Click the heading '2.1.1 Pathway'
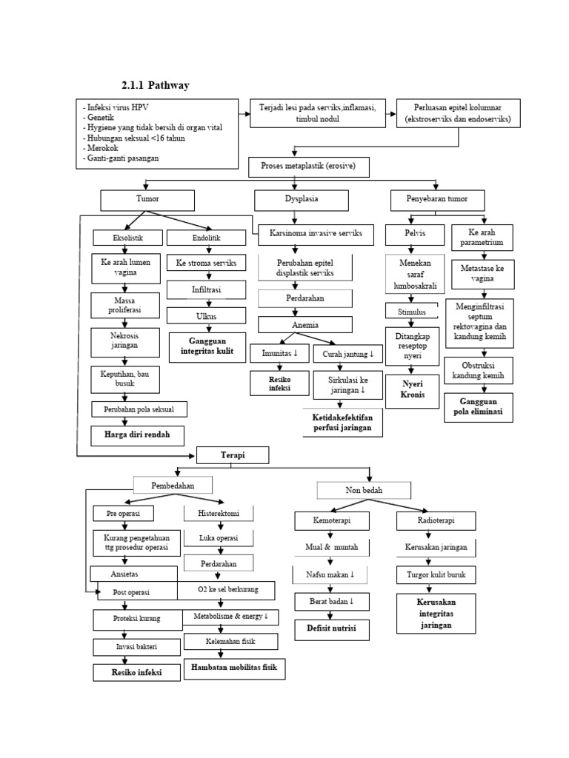pyautogui.click(x=155, y=85)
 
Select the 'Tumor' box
pyautogui.click(x=147, y=199)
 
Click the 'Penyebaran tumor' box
pyautogui.click(x=438, y=199)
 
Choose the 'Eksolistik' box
pyautogui.click(x=127, y=238)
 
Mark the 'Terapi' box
pyautogui.click(x=232, y=455)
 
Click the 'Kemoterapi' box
pyautogui.click(x=331, y=521)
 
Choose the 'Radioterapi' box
pyautogui.click(x=436, y=521)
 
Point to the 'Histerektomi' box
pyautogui.click(x=219, y=513)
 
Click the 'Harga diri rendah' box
pyautogui.click(x=138, y=435)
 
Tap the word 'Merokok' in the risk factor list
pyautogui.click(x=101, y=148)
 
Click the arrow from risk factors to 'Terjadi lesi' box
pyautogui.click(x=244, y=114)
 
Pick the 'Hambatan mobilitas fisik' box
pyautogui.click(x=233, y=668)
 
